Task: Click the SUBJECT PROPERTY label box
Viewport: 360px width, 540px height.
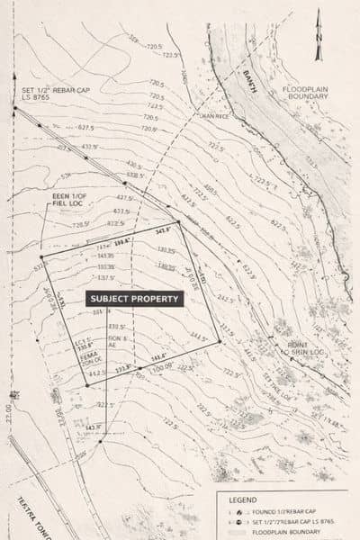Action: [135, 298]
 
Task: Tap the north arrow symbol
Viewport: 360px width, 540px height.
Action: [318, 45]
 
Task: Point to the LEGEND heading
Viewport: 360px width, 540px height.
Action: [244, 499]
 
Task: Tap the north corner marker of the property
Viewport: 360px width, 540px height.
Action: [179, 222]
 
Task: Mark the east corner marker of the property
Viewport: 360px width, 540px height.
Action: [220, 339]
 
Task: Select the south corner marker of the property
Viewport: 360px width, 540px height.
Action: [87, 385]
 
